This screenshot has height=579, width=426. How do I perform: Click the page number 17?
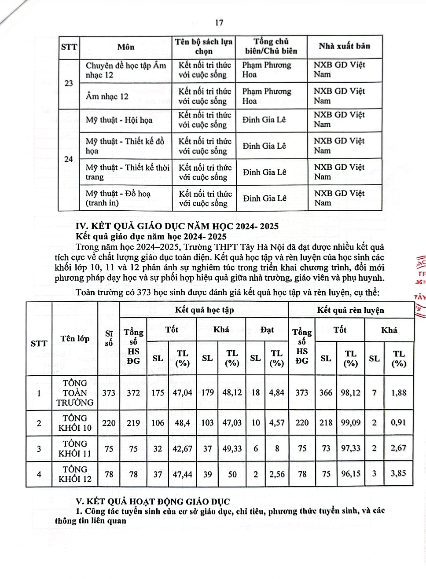coord(219,23)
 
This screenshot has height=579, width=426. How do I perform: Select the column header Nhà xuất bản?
coord(344,46)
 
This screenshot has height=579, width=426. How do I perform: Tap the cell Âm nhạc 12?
coord(107,96)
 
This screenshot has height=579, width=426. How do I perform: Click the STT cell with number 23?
coord(69,83)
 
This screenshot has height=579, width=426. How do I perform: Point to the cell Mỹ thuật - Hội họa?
coord(119,120)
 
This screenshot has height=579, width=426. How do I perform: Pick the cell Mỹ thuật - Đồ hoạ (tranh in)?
coord(118,198)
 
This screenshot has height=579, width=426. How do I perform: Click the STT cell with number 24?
coord(69,159)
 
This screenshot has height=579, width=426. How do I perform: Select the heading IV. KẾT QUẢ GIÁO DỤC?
coord(177,226)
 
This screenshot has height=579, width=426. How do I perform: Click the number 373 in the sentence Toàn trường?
coord(143,293)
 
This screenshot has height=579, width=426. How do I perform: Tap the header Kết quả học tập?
coord(204,310)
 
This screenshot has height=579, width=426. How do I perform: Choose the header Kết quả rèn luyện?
coord(350,310)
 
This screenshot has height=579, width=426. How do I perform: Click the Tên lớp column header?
coord(75,338)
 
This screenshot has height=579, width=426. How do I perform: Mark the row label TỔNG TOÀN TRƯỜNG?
coord(75,392)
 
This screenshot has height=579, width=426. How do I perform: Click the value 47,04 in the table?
coord(182,392)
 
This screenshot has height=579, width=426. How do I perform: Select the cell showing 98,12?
coord(350,392)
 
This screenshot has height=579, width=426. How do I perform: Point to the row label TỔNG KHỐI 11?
coord(75,448)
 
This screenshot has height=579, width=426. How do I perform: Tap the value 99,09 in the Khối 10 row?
coord(350,422)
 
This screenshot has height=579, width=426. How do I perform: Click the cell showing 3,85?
coord(399,473)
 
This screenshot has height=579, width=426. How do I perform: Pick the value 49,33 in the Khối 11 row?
coord(232,448)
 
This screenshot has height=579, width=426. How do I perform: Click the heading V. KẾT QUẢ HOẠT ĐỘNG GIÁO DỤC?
coord(153,501)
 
